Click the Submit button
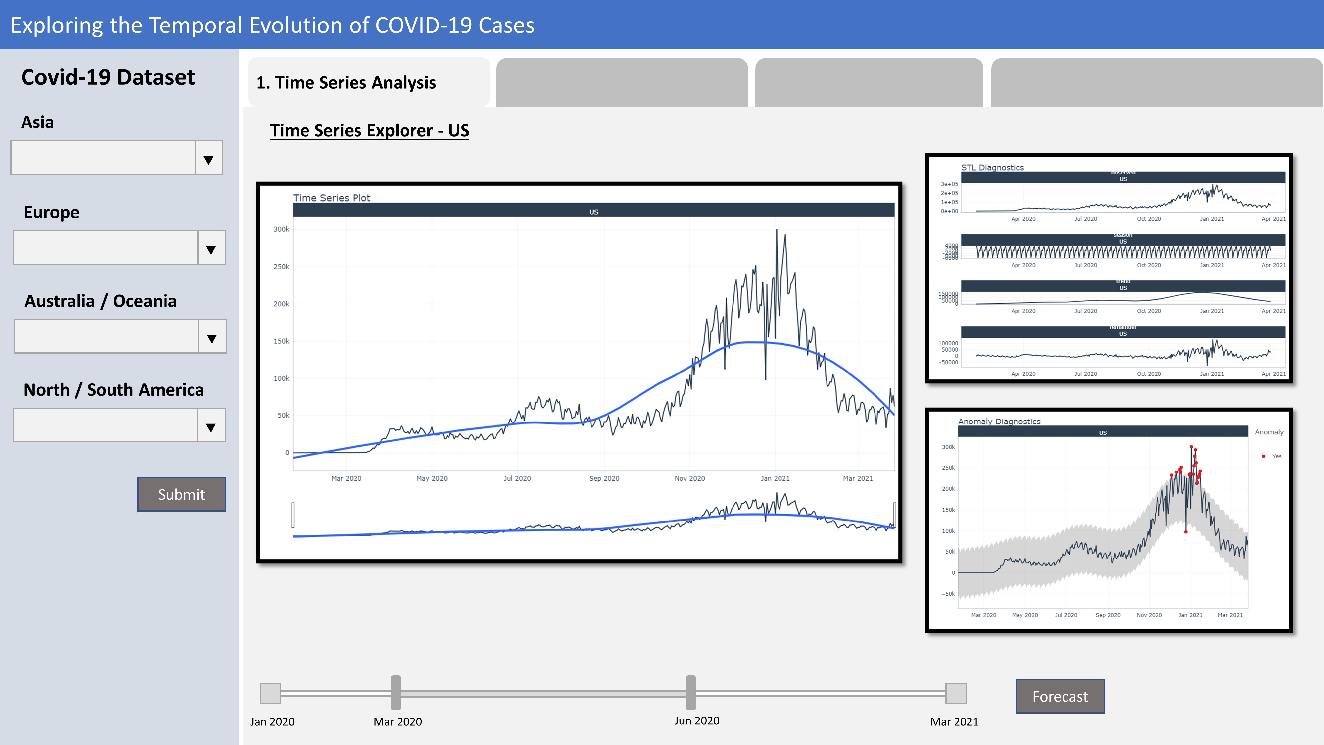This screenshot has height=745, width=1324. (x=181, y=494)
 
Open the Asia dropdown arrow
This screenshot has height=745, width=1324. (x=208, y=159)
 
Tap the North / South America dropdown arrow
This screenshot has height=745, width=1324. (x=211, y=427)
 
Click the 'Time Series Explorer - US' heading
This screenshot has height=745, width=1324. (x=369, y=130)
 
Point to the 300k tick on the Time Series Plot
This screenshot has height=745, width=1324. (x=281, y=229)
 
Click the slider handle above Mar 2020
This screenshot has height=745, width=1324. (x=395, y=693)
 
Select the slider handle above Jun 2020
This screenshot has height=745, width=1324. (x=691, y=693)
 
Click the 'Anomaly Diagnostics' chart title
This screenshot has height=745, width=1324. (x=999, y=422)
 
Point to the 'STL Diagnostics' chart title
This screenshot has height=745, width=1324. (x=992, y=168)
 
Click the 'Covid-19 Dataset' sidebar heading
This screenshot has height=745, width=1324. (x=108, y=77)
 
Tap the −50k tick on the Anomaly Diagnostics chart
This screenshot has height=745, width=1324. (x=948, y=594)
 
